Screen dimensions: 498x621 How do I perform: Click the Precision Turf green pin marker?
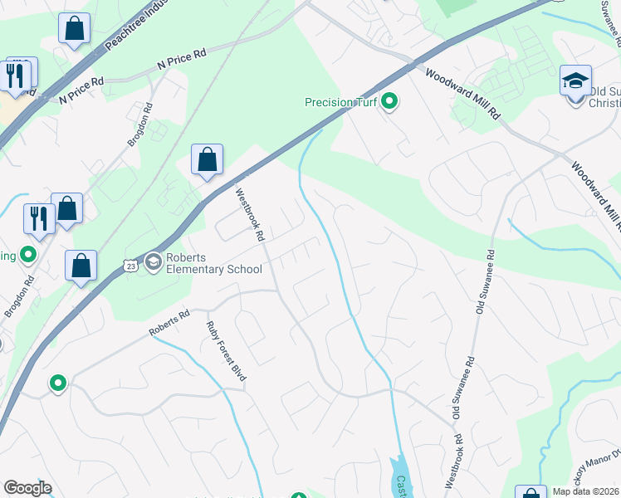pyautogui.click(x=389, y=103)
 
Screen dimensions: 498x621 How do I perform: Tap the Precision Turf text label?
pyautogui.click(x=340, y=103)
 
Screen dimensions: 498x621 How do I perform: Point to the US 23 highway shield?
pyautogui.click(x=129, y=265)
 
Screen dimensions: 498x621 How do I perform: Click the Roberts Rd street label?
pyautogui.click(x=169, y=323)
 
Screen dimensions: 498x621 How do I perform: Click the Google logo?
pyautogui.click(x=27, y=488)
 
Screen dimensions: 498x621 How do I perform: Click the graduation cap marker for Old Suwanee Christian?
pyautogui.click(x=575, y=81)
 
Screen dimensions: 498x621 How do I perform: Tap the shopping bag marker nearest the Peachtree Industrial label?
pyautogui.click(x=74, y=29)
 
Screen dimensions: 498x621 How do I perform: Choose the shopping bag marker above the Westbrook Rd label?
pyautogui.click(x=207, y=159)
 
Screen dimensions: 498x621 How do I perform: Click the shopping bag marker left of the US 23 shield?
pyautogui.click(x=81, y=266)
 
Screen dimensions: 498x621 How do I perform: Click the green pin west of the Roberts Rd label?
pyautogui.click(x=57, y=383)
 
